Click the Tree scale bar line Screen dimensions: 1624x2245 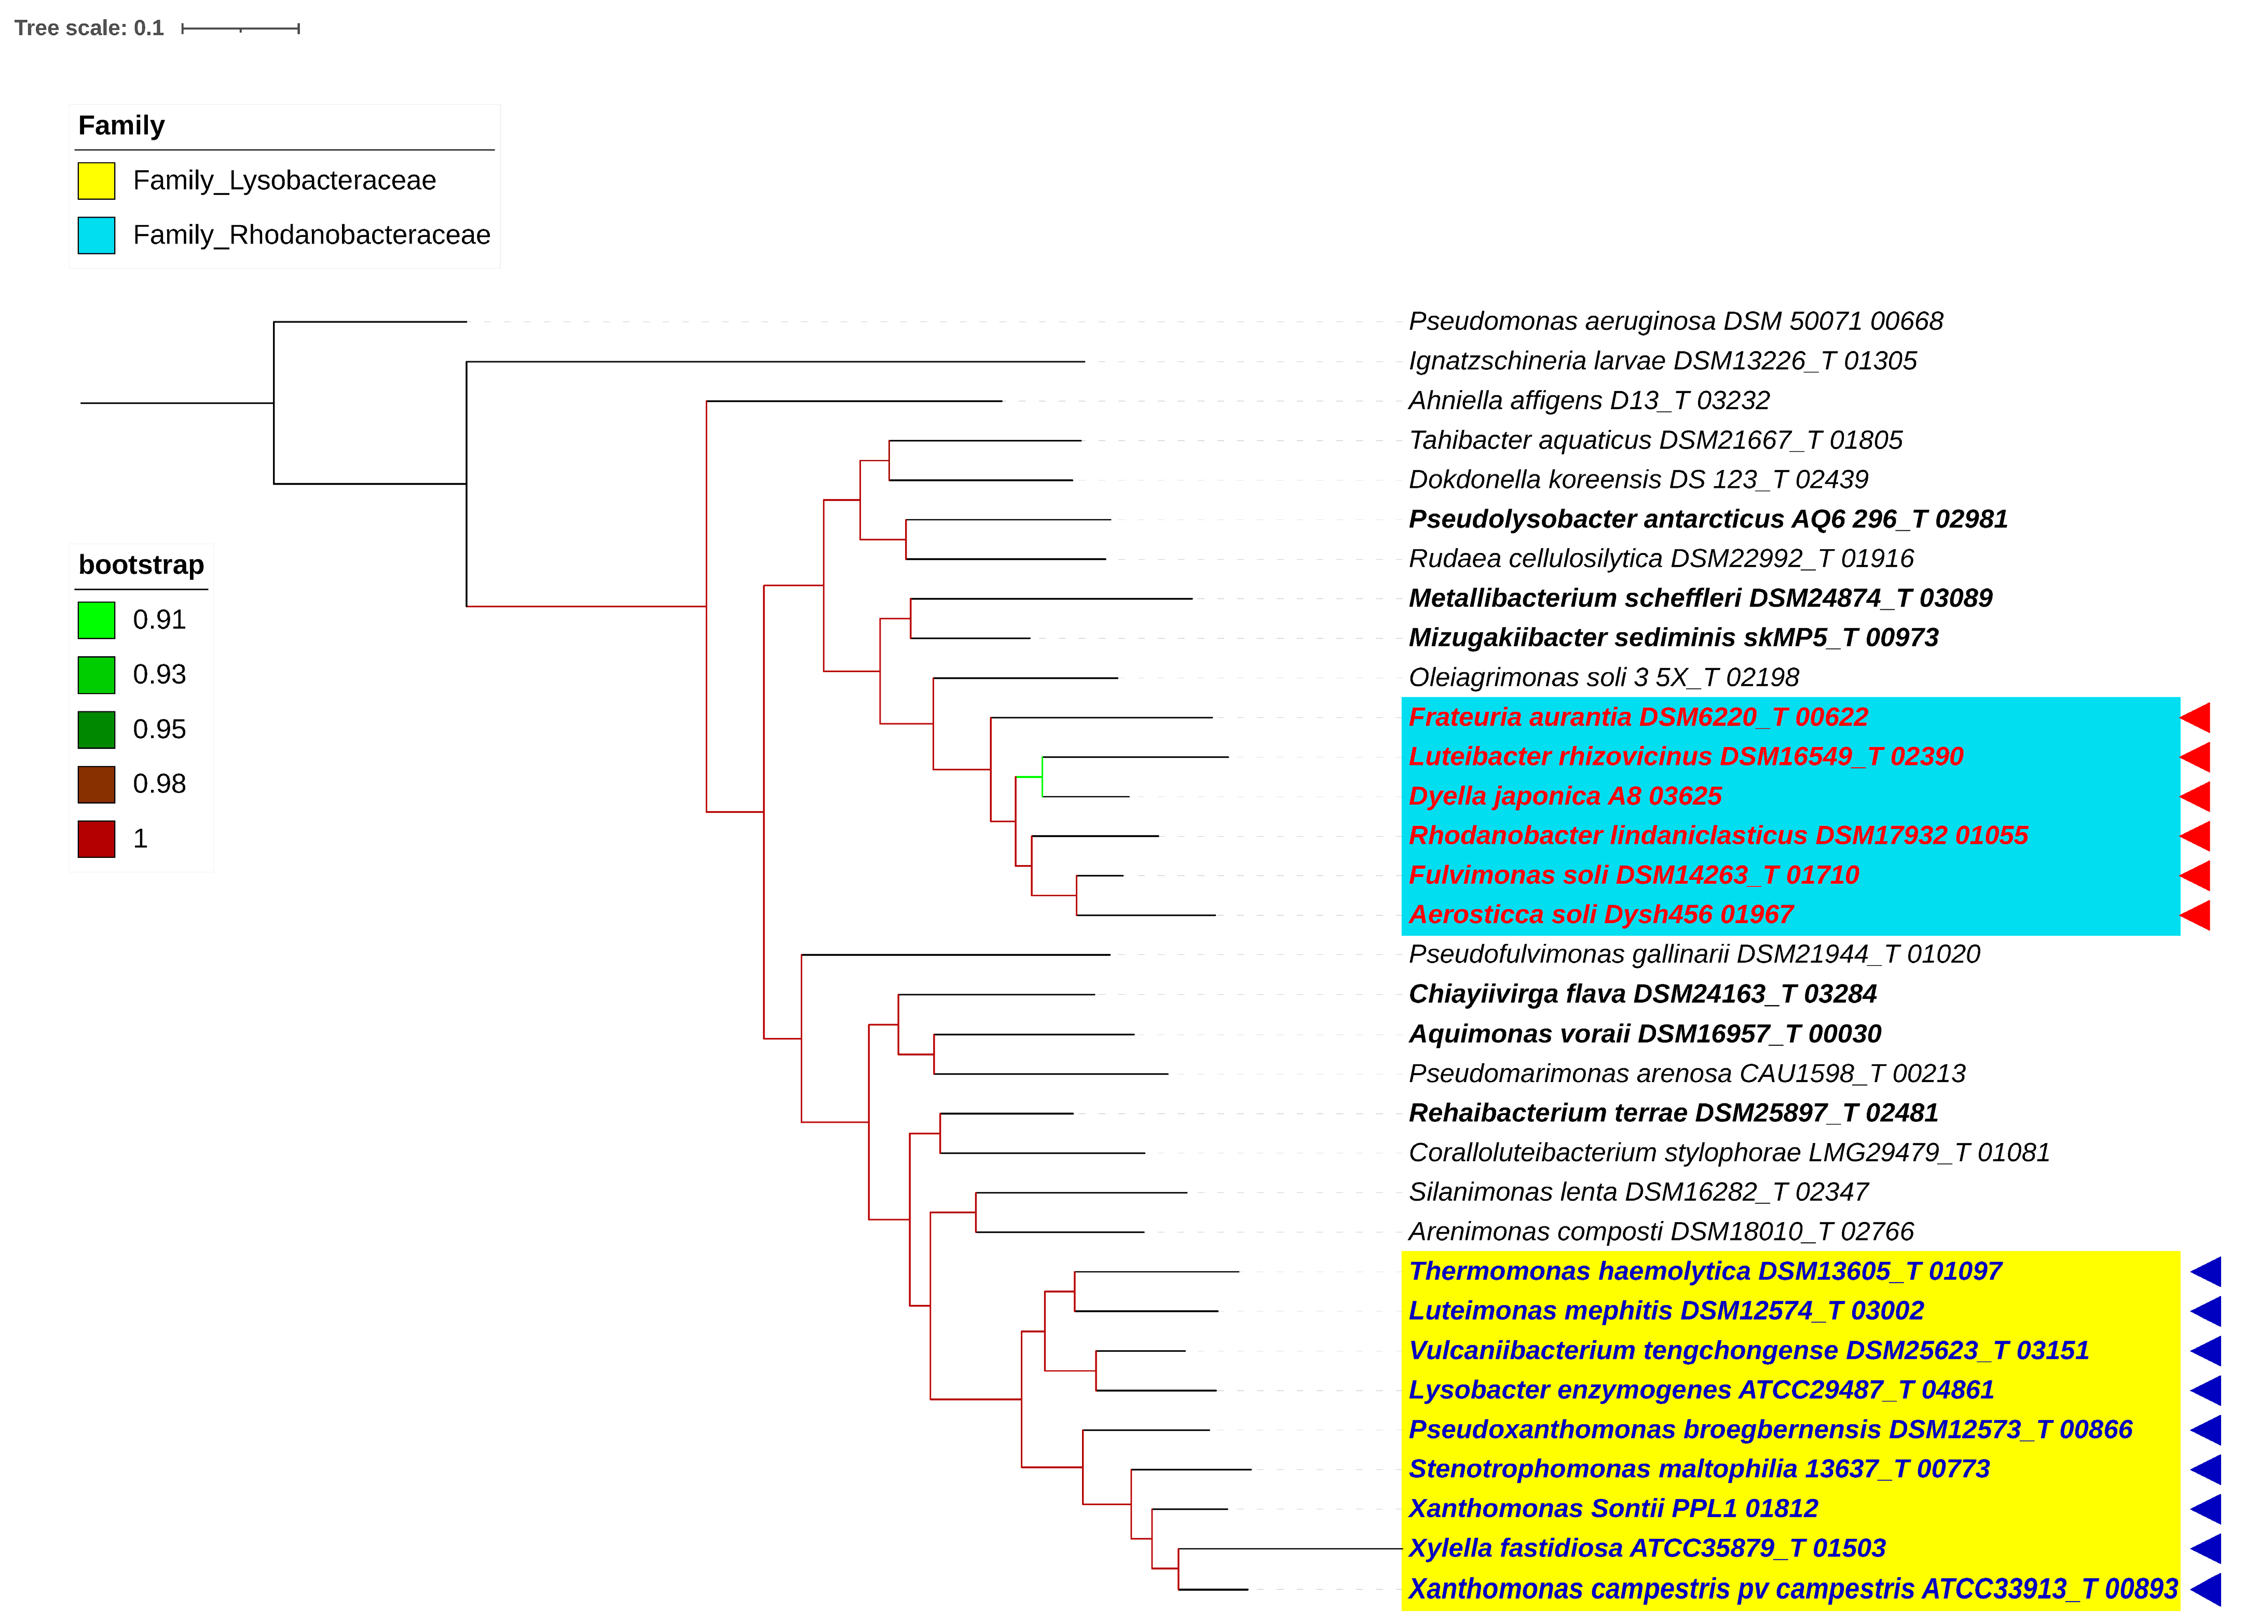tap(241, 29)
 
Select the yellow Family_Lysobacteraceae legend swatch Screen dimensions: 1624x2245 tap(96, 181)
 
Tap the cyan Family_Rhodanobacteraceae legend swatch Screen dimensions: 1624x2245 tap(96, 235)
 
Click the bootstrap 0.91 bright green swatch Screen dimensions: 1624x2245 tap(96, 620)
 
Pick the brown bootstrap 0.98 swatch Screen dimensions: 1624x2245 tap(96, 785)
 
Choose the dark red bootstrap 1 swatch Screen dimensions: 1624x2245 tap(96, 839)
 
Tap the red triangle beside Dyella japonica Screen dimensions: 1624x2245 tap(2196, 797)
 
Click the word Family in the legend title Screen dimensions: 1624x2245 tap(121, 126)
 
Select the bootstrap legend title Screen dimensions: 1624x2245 tap(141, 565)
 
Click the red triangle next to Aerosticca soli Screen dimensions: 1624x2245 tap(2196, 915)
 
